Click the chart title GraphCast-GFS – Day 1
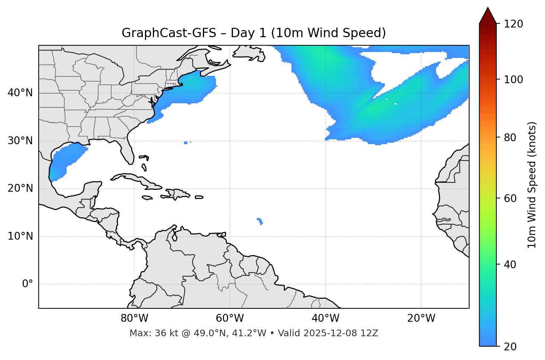click(254, 33)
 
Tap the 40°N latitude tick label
click(20, 93)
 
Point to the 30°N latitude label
click(20, 141)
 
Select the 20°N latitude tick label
click(20, 188)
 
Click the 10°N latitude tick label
click(20, 236)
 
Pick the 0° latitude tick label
click(28, 284)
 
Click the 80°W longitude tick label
click(134, 318)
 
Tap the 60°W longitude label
click(230, 318)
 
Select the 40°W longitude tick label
click(325, 318)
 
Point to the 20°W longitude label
click(421, 318)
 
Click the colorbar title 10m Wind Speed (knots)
click(532, 185)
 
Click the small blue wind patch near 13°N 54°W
click(260, 221)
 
